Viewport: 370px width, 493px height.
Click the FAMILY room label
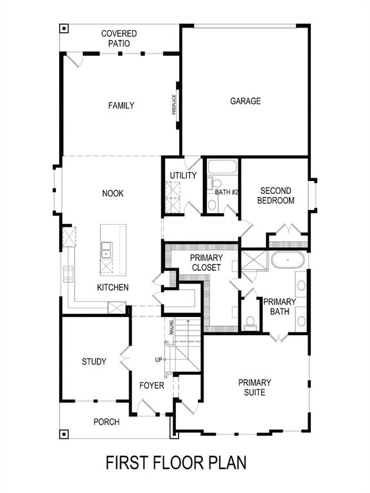pos(121,105)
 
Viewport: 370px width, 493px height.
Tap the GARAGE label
pos(245,101)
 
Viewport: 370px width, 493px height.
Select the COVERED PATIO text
pos(119,39)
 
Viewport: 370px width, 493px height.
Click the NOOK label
pos(112,193)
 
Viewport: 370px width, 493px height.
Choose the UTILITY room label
pos(183,176)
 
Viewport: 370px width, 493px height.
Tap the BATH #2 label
pos(227,192)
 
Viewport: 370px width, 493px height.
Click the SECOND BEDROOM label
pos(276,196)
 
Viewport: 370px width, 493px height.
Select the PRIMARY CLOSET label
pos(206,263)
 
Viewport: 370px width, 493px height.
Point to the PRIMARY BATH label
pos(279,307)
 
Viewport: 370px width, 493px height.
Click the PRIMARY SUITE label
pos(254,387)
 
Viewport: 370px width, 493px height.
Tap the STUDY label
pos(94,361)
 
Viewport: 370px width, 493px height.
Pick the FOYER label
pos(152,386)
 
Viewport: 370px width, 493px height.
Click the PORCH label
pos(107,422)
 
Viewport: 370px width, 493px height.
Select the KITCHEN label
pos(113,287)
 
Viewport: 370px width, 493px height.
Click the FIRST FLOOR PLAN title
pos(175,462)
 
